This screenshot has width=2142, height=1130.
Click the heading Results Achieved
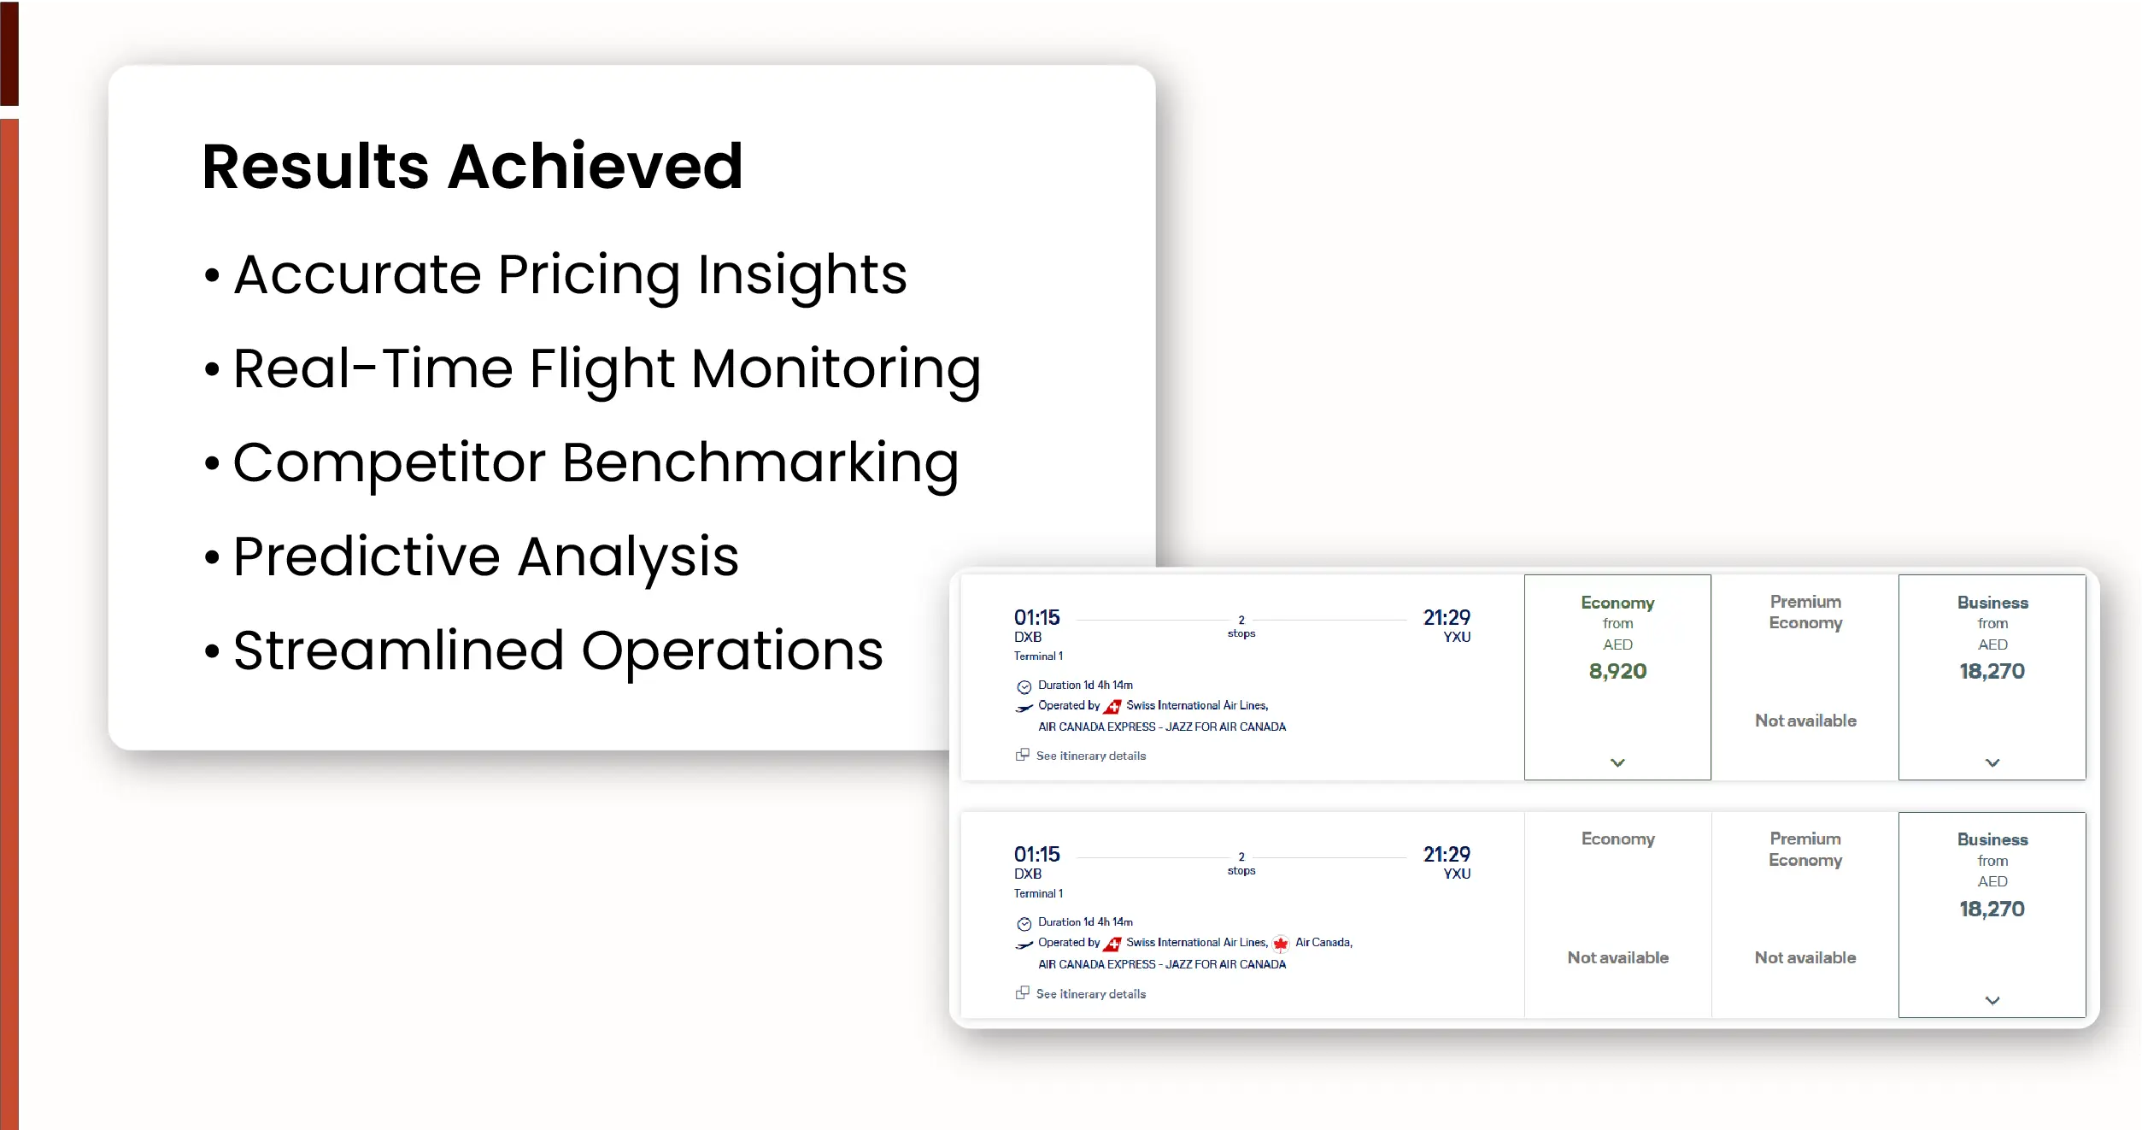(472, 166)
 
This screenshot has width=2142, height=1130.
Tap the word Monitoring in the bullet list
(836, 370)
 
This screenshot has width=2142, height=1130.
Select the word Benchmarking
(760, 464)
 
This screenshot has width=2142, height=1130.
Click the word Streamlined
(399, 650)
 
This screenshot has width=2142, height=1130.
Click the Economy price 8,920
(1617, 671)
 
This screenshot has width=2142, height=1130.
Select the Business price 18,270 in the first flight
(1992, 671)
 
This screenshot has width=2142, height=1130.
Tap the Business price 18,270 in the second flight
(1992, 909)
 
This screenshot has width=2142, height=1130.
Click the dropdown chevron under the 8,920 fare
(1617, 762)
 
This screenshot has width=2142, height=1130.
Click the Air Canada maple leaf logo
(1280, 944)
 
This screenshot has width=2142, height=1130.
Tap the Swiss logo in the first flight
(1112, 707)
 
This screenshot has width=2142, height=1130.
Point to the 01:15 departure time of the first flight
(1036, 617)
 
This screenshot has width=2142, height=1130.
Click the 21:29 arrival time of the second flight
(1447, 854)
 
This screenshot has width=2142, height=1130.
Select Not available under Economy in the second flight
(1617, 957)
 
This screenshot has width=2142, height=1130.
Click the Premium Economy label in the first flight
(1805, 613)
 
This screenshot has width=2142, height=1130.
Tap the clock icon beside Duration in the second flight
(1024, 924)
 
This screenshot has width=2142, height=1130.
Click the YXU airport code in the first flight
(1457, 637)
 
